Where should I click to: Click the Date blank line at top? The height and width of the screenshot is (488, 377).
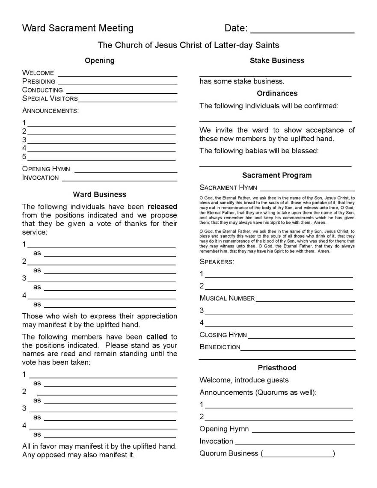302,32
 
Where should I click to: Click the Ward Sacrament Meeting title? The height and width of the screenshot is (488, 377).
78,28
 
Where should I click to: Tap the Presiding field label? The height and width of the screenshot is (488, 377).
39,81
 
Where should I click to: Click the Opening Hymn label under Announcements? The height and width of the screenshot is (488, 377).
46,169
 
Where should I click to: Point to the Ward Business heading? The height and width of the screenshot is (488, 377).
100,194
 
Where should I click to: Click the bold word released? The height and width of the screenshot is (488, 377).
162,207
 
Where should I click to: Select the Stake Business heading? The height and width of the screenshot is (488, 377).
277,61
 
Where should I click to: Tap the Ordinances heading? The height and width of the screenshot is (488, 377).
277,93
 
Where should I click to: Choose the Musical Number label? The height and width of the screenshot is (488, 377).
227,298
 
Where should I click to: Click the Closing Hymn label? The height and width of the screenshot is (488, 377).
223,335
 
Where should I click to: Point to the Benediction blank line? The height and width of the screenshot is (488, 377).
297,350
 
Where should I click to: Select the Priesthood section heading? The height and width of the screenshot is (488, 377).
277,368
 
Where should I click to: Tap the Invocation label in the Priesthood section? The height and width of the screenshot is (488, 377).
216,441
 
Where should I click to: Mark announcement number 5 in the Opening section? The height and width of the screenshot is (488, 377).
24,157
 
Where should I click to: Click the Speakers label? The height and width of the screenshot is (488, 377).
217,262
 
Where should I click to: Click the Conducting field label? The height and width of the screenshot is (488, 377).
42,90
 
